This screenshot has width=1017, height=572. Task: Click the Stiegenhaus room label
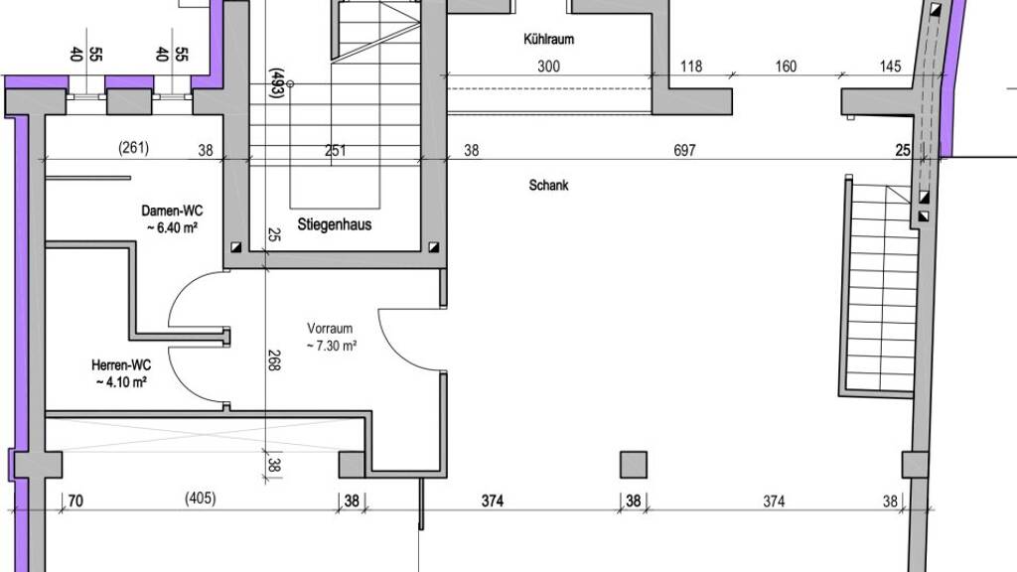pos(334,225)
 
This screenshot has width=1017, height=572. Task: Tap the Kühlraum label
pos(548,39)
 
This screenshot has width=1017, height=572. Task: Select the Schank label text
pos(548,186)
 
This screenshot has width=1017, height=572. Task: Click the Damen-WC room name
pos(172,211)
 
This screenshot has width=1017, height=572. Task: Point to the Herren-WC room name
pos(121,365)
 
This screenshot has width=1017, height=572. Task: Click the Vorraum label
pos(330,328)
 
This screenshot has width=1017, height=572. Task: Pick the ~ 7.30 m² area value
pos(332,346)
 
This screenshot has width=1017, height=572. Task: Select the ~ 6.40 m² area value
pos(173,227)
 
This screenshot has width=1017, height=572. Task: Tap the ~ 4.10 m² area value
pos(121,382)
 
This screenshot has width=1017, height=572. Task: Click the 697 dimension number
pos(684,151)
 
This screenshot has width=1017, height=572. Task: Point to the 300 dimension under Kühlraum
pos(548,67)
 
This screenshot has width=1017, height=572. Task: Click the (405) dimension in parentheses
pos(201,499)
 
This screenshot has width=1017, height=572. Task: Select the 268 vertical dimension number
pos(274,359)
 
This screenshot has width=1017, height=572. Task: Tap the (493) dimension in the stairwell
pos(276,83)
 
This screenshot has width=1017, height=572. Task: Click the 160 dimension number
pos(786,67)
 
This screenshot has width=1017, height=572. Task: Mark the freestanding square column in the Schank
pos(634,465)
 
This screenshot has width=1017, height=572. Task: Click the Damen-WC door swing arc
pos(188,289)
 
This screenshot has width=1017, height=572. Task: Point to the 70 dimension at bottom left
pos(75,500)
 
